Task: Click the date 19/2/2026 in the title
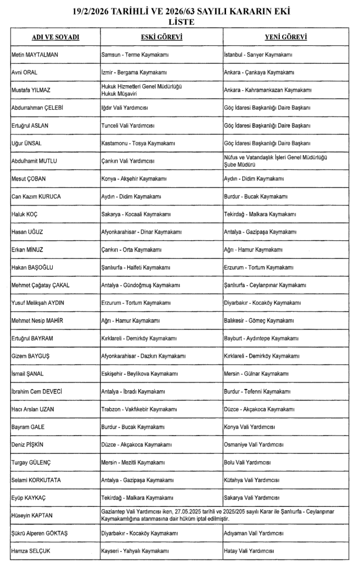[95, 11]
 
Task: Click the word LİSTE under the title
[181, 22]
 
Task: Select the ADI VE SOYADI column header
[55, 37]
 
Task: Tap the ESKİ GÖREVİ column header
[161, 37]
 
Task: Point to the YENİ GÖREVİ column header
[285, 37]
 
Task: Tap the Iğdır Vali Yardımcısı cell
[126, 108]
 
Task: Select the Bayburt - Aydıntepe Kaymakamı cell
[261, 339]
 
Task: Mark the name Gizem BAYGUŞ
[30, 356]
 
